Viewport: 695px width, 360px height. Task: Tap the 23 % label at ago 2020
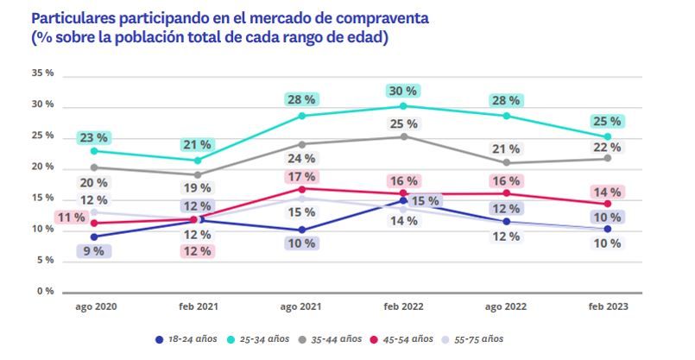point(92,136)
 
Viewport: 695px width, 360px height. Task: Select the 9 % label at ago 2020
point(92,250)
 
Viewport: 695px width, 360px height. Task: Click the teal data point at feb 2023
point(608,136)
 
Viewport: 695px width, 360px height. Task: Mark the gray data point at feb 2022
point(403,136)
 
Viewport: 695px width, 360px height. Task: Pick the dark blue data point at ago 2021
point(302,230)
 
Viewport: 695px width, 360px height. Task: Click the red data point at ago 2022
point(506,193)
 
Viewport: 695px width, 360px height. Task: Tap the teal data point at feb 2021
point(198,161)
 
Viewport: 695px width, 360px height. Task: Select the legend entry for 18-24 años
point(185,338)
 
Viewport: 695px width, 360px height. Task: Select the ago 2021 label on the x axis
point(301,306)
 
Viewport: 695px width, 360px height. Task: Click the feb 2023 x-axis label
point(608,306)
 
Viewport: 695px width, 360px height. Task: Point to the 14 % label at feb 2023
point(607,192)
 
